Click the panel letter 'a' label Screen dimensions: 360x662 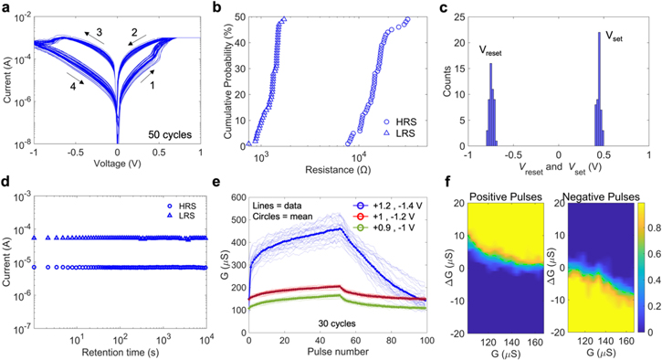click(8, 8)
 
